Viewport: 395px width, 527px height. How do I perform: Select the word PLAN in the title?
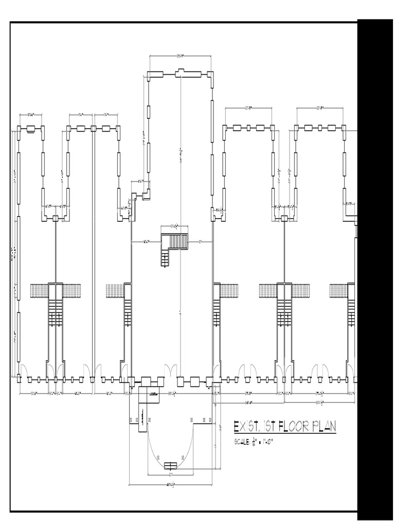[x=323, y=427]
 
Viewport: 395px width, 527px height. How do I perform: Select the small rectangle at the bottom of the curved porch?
[x=170, y=466]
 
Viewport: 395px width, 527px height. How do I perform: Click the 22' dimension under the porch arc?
[x=170, y=474]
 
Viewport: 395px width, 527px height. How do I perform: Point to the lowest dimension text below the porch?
[x=170, y=485]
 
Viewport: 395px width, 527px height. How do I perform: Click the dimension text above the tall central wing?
[x=181, y=56]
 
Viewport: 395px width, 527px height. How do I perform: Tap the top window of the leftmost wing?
[x=31, y=129]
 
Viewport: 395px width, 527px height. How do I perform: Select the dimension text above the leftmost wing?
[x=31, y=113]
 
